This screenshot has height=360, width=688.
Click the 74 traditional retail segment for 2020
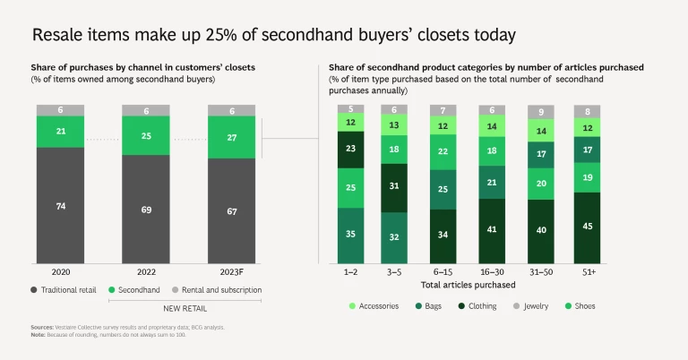tap(62, 205)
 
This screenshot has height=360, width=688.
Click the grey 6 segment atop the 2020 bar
tap(62, 109)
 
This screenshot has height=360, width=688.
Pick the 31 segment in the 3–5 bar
tap(394, 186)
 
